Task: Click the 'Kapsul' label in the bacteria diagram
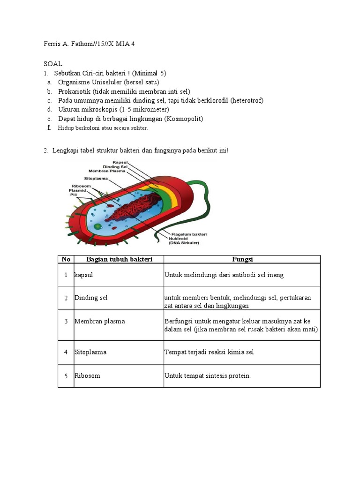pyautogui.click(x=120, y=162)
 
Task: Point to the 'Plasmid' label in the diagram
pyautogui.click(x=77, y=190)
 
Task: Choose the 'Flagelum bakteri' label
pyautogui.click(x=188, y=234)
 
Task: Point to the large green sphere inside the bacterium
pyautogui.click(x=98, y=226)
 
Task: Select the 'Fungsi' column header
pyautogui.click(x=242, y=259)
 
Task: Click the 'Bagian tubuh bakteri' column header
pyautogui.click(x=119, y=259)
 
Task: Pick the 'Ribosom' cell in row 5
pyautogui.click(x=87, y=376)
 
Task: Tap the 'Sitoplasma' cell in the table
pyautogui.click(x=90, y=352)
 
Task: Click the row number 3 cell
pyautogui.click(x=66, y=322)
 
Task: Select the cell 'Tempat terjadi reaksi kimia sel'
pyautogui.click(x=209, y=352)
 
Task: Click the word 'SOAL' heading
pyautogui.click(x=53, y=64)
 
